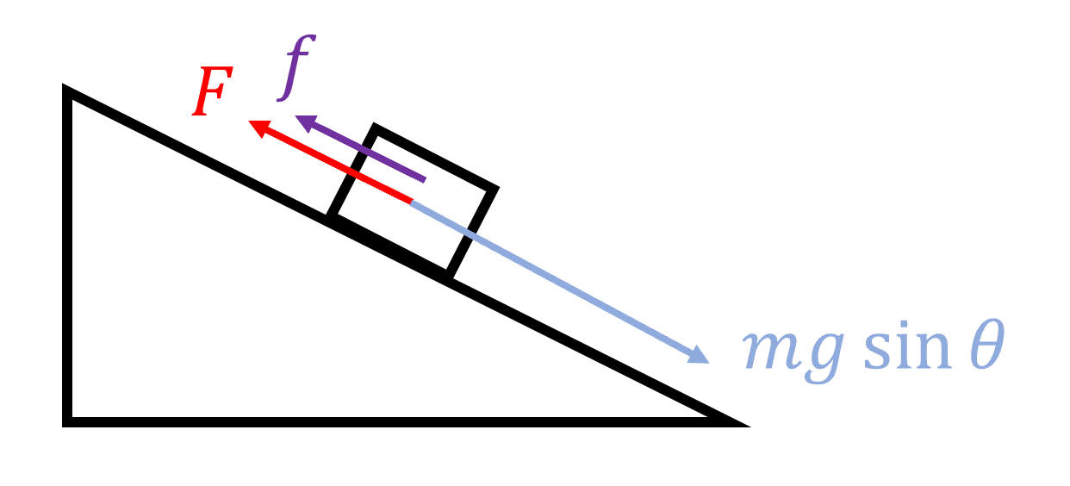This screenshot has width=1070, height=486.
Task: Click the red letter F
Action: pyautogui.click(x=213, y=90)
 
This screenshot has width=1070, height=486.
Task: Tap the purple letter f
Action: pyautogui.click(x=296, y=68)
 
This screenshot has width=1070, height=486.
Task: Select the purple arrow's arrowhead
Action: pyautogui.click(x=308, y=123)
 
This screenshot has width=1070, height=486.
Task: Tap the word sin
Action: pyautogui.click(x=907, y=345)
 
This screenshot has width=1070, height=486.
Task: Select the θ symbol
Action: pyautogui.click(x=988, y=344)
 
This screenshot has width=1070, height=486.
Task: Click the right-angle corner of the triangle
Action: pyautogui.click(x=67, y=422)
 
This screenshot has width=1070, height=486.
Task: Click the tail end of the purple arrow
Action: pyautogui.click(x=424, y=180)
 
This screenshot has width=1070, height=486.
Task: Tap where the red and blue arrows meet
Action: pyautogui.click(x=411, y=201)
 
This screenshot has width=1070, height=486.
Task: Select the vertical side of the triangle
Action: pyautogui.click(x=67, y=255)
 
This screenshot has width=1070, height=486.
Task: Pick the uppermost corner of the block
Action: pyautogui.click(x=374, y=126)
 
